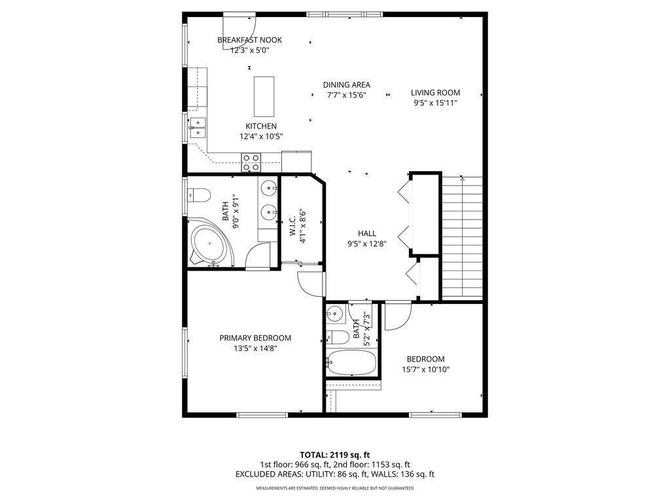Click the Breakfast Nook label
(x=249, y=40)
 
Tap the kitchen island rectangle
(x=264, y=96)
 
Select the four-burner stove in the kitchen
(x=251, y=161)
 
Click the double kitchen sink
(x=198, y=127)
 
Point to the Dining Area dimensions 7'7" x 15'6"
(x=346, y=95)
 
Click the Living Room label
(x=435, y=93)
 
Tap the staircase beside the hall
(x=463, y=239)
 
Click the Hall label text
(x=366, y=233)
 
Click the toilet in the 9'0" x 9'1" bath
(x=198, y=194)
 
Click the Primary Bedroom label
(x=255, y=338)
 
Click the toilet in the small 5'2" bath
(x=336, y=337)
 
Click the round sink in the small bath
(x=335, y=313)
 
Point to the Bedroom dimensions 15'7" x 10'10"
(x=425, y=369)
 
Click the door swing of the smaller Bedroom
(x=395, y=316)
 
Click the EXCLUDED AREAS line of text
(x=335, y=475)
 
